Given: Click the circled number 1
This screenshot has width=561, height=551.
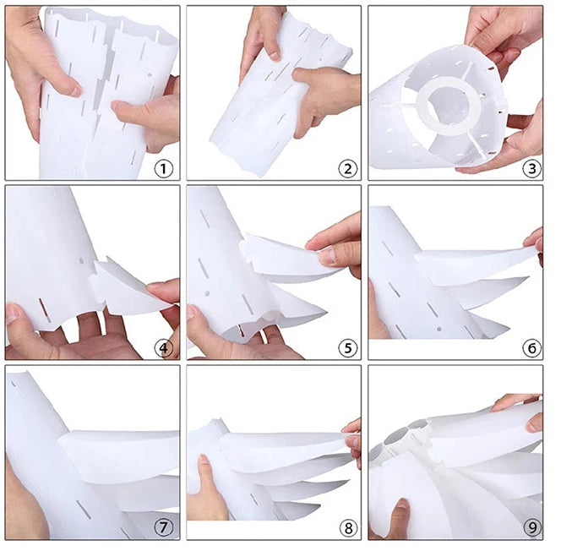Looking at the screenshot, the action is point(164,168).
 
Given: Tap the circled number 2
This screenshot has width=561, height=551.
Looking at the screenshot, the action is point(348,168).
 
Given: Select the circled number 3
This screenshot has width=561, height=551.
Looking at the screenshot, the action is point(531,168).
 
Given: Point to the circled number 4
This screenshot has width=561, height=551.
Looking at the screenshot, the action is point(164,348).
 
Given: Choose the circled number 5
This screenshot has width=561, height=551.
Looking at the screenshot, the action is point(348,348).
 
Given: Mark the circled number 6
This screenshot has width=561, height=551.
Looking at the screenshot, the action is point(531,348).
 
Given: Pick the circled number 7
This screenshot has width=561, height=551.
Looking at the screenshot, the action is point(164,527).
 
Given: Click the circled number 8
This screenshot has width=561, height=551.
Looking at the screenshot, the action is point(348,528).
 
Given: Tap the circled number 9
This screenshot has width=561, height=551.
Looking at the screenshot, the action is point(531,527).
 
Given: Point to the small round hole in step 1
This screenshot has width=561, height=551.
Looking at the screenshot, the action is point(150,75).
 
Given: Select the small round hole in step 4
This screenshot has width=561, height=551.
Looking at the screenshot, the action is point(81,261).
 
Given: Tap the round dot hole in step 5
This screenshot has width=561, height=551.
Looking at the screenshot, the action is point(207,293).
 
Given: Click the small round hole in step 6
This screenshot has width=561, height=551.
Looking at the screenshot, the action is point(439,329).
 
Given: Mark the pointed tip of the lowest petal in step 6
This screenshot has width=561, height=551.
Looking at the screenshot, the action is point(509,326).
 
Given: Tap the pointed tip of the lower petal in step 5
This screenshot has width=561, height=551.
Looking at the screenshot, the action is point(326,313).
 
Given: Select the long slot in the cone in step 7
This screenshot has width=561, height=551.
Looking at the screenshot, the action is point(84,510).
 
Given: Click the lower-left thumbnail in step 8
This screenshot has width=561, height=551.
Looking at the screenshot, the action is point(204,459).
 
